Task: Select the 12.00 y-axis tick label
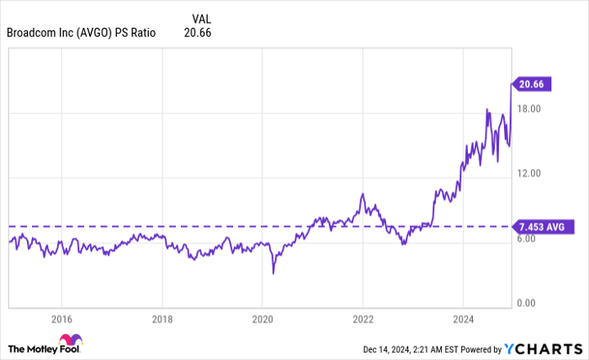pyautogui.click(x=527, y=174)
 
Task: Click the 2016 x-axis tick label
pyautogui.click(x=61, y=320)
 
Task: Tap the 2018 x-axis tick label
pyautogui.click(x=162, y=320)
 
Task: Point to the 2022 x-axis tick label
pyautogui.click(x=363, y=320)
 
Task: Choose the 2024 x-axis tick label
pyautogui.click(x=463, y=320)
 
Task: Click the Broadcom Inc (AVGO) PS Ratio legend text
pyautogui.click(x=81, y=33)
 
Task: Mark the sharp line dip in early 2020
pyautogui.click(x=273, y=272)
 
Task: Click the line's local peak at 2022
pyautogui.click(x=362, y=194)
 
